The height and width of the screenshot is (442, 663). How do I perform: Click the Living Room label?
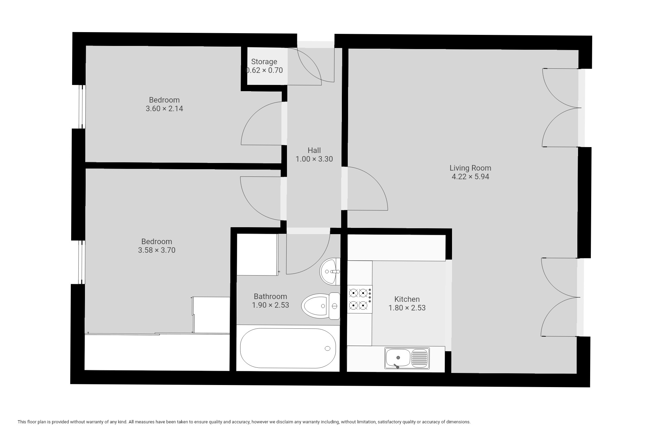(470, 168)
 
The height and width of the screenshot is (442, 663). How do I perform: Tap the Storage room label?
(264, 62)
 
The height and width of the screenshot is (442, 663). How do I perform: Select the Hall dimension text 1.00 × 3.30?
(314, 159)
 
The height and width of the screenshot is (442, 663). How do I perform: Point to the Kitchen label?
(407, 299)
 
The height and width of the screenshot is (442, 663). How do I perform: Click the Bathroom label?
(270, 296)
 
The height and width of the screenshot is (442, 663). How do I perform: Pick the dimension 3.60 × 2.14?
(164, 109)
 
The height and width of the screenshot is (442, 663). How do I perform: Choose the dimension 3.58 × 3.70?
(157, 250)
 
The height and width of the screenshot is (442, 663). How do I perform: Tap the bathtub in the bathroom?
(288, 348)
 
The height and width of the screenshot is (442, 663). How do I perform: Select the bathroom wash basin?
(330, 272)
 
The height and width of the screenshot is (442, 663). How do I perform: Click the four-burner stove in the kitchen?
(360, 299)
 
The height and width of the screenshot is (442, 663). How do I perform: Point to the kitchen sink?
(407, 358)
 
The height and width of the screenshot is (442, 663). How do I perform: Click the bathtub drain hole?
(327, 348)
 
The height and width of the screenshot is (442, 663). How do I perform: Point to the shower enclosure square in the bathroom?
(257, 254)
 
